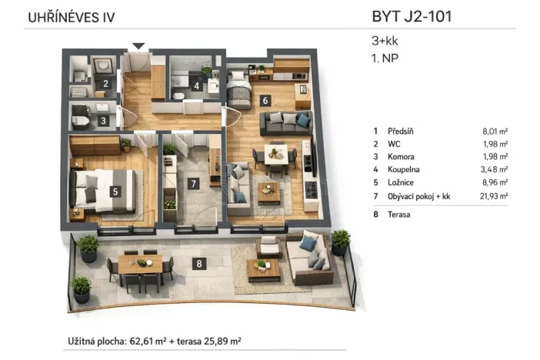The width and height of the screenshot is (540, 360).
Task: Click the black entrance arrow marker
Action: coord(138,46)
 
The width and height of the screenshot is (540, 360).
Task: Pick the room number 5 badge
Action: coord(115,192)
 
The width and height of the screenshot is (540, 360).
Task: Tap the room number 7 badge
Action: coord(194,182)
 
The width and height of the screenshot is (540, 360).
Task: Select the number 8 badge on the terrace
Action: coord(200,264)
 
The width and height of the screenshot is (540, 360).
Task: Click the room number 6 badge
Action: coord(265,99)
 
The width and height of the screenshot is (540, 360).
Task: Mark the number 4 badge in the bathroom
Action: coord(197,86)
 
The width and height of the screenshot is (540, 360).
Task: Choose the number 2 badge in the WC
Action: coord(105,84)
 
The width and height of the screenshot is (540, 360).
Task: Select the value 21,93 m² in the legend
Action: coord(492,197)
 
